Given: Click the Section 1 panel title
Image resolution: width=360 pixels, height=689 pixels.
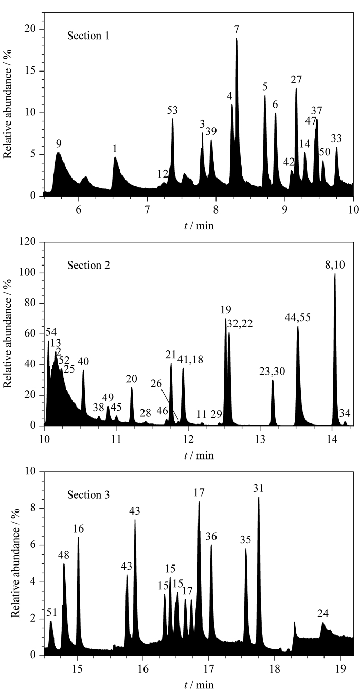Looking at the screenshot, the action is coord(88,36).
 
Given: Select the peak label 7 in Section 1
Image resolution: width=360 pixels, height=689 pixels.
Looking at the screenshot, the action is coord(236,29).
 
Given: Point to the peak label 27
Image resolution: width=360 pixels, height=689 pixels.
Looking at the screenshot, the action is coord(296,80).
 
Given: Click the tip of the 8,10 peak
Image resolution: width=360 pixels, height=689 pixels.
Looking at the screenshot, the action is coord(335,273).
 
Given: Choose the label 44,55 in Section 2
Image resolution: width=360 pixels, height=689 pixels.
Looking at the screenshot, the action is coord(298,317).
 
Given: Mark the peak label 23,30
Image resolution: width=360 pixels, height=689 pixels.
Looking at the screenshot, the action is coord(272,372).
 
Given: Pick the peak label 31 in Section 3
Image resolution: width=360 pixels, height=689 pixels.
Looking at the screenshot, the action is coord(259,488).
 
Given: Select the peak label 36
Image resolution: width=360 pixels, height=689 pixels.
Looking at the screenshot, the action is coord(211,537).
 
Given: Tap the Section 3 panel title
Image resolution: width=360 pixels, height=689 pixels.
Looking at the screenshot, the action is coord(88,495).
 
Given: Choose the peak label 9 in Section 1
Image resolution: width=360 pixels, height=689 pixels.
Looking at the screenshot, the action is coord(59,144).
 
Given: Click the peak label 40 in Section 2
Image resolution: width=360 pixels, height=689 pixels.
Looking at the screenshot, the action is coord(83,362).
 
